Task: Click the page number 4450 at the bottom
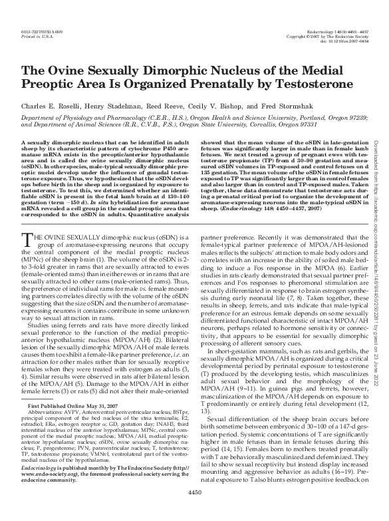tap(194, 511)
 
